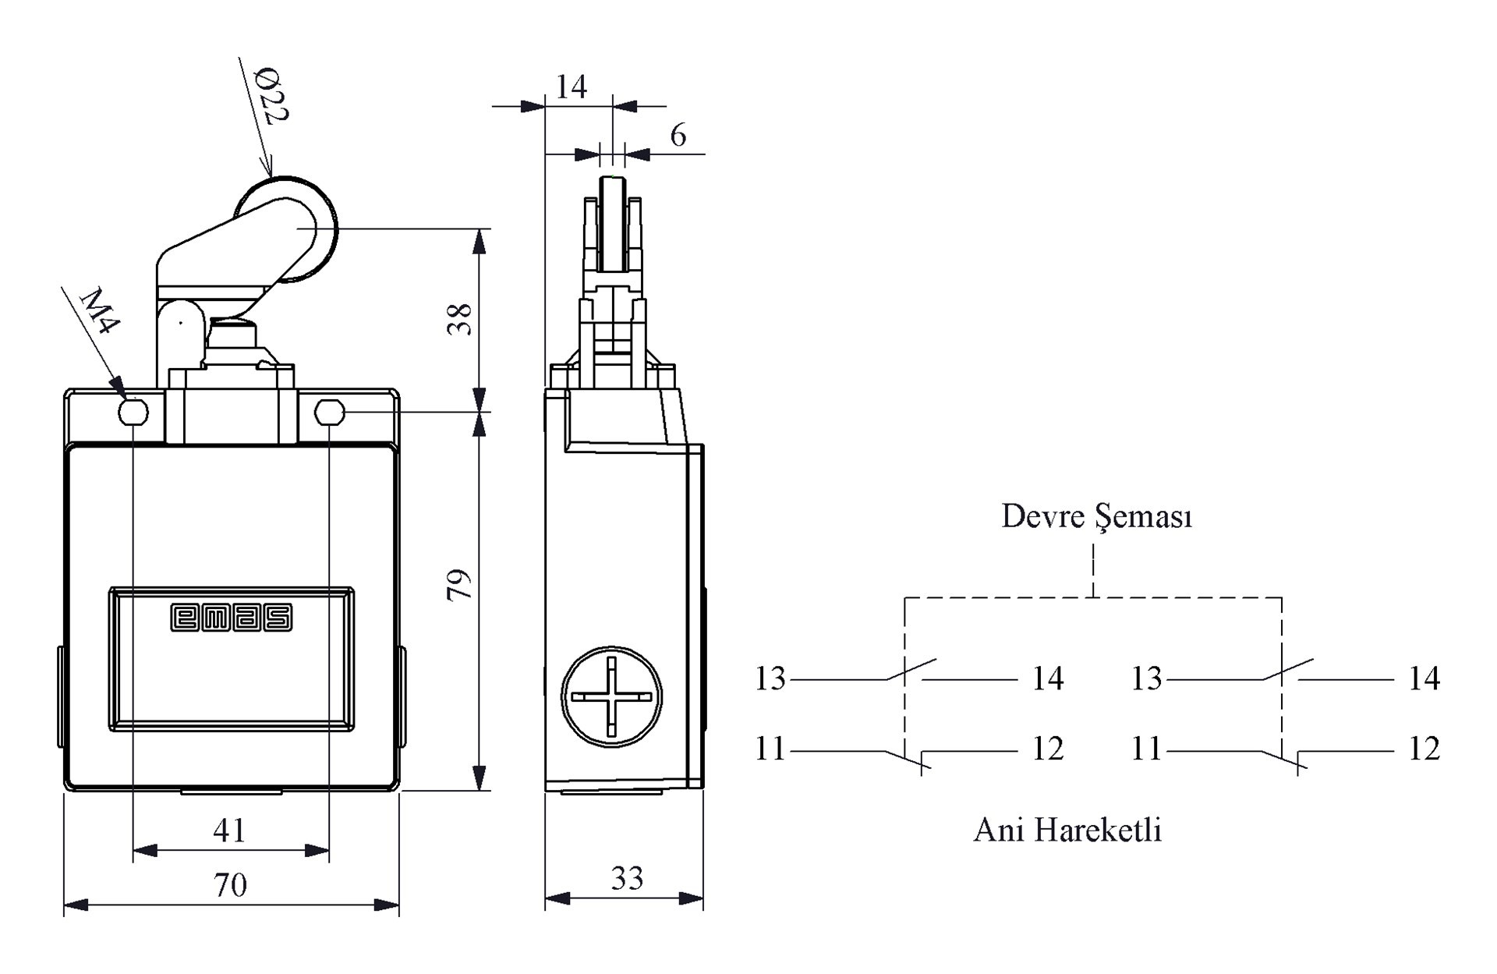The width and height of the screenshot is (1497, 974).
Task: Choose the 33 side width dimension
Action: [x=627, y=880]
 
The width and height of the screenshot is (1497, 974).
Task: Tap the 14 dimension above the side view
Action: [x=571, y=87]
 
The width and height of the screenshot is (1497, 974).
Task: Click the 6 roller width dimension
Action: [x=678, y=136]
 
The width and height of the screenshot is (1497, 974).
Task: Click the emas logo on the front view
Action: [x=232, y=618]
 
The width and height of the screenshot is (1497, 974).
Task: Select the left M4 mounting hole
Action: [x=133, y=411]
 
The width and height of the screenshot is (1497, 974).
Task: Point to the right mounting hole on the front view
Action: [x=329, y=411]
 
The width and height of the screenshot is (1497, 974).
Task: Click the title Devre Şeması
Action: [x=1096, y=516]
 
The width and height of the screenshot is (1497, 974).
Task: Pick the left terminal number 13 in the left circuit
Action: [x=770, y=678]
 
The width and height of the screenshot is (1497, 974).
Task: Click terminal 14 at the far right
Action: [x=1424, y=678]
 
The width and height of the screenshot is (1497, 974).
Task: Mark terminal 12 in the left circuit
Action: [x=1048, y=749]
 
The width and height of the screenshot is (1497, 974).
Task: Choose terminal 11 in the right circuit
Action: [x=1146, y=749]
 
